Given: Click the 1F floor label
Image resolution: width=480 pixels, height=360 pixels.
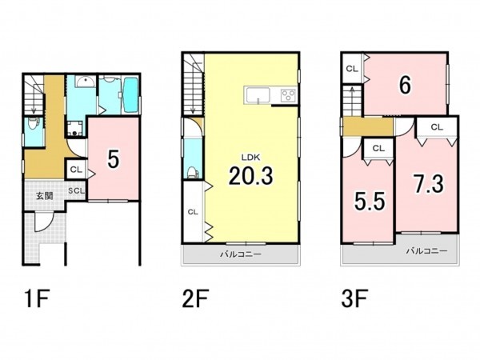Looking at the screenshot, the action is click(x=37, y=298).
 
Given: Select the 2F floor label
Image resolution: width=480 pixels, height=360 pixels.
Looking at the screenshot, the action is click(x=195, y=298).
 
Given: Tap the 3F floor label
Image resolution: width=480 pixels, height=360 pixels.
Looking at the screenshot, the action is click(x=354, y=298).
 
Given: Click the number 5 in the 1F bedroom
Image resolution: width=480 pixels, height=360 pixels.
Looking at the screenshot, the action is click(x=114, y=159).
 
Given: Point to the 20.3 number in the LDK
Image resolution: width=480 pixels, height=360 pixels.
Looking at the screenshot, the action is click(x=250, y=176).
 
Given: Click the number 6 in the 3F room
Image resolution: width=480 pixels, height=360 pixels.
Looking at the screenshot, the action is click(x=405, y=86).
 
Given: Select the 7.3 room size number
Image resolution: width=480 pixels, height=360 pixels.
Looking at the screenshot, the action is click(x=429, y=184).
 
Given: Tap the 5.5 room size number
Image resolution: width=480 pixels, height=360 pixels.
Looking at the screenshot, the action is click(x=370, y=202).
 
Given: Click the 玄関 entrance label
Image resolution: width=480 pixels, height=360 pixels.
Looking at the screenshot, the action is click(x=45, y=196).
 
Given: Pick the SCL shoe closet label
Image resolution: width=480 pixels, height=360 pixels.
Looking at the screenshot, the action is click(x=76, y=190).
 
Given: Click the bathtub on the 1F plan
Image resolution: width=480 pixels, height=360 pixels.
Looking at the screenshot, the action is click(x=130, y=94).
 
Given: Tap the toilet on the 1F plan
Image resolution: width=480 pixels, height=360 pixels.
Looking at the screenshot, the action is click(x=33, y=123).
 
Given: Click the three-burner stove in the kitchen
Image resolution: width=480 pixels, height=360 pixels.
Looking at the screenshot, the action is click(x=289, y=95).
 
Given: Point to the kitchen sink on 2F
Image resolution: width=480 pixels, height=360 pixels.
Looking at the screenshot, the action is click(x=258, y=95).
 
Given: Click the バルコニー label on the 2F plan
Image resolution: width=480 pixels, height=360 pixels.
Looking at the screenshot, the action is click(x=241, y=254).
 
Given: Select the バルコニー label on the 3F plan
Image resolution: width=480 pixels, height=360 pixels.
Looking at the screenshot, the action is click(x=426, y=251).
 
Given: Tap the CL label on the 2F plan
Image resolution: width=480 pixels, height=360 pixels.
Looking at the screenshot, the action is click(x=193, y=212).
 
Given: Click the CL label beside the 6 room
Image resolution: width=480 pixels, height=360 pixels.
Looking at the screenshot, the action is click(x=352, y=69).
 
